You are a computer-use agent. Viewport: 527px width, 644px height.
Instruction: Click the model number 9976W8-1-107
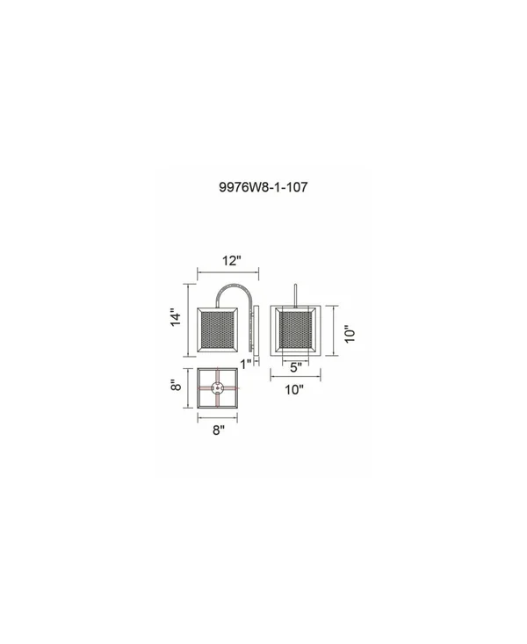[263, 187]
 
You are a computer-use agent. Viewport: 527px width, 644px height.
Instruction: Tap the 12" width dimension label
[232, 260]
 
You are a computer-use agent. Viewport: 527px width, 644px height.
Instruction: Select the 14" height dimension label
[176, 317]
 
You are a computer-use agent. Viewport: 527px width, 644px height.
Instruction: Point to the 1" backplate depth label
[246, 364]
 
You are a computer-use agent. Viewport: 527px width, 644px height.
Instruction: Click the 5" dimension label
[296, 367]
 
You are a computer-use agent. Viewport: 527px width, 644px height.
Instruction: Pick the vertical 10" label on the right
[350, 335]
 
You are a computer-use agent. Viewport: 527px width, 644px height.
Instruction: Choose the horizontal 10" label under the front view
[294, 389]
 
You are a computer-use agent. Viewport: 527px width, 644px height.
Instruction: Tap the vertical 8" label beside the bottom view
[176, 385]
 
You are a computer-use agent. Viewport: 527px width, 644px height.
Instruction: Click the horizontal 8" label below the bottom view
[219, 430]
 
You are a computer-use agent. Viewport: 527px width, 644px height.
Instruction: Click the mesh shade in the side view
[217, 329]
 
